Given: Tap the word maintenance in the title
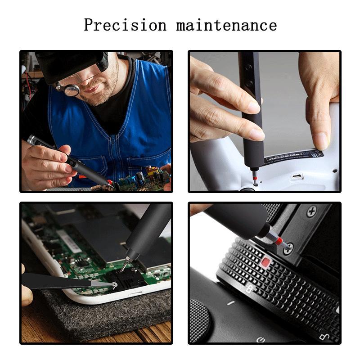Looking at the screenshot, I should pyautogui.click(x=226, y=24).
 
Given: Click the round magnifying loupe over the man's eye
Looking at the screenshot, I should pyautogui.click(x=72, y=90).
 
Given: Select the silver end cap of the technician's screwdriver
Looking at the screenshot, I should pyautogui.click(x=31, y=139).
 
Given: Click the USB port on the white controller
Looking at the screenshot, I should pyautogui.click(x=297, y=176).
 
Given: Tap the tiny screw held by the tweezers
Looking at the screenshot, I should pyautogui.click(x=115, y=284).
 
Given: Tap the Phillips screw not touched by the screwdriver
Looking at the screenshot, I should pyautogui.click(x=311, y=211).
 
